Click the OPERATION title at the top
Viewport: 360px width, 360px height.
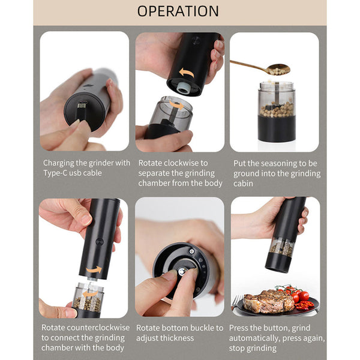[x=178, y=11]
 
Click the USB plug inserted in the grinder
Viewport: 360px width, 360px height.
[x=82, y=109]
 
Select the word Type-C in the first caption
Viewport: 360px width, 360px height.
[x=55, y=173]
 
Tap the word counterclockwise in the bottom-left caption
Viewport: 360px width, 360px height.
[x=101, y=328]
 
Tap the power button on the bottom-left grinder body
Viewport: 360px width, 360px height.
[x=99, y=242]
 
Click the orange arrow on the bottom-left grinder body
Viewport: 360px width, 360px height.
[x=93, y=270]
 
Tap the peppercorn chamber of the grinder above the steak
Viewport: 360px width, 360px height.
[x=280, y=247]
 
